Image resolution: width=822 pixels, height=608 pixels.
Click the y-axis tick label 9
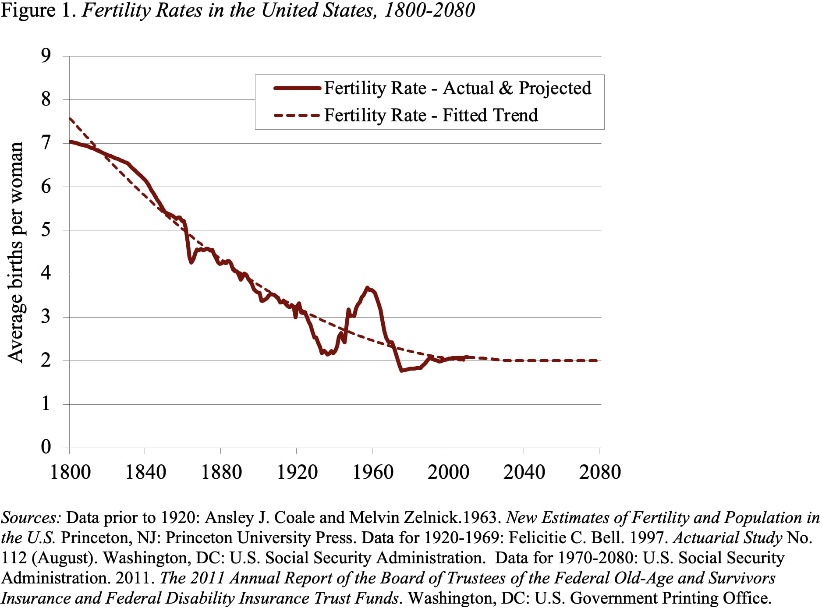pyautogui.click(x=46, y=56)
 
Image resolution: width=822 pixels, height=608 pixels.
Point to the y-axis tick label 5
pyautogui.click(x=46, y=230)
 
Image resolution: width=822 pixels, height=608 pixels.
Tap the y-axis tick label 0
pyautogui.click(x=46, y=447)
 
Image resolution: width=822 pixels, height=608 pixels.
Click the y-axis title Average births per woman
pyautogui.click(x=16, y=252)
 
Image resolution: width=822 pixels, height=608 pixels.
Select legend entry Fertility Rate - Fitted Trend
pyautogui.click(x=431, y=116)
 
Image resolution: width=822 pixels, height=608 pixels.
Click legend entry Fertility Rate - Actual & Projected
pyautogui.click(x=457, y=88)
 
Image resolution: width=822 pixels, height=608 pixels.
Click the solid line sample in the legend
pyautogui.click(x=297, y=88)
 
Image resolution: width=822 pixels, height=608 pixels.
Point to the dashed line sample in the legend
pyautogui.click(x=297, y=116)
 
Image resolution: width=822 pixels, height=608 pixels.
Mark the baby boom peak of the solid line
pyautogui.click(x=368, y=288)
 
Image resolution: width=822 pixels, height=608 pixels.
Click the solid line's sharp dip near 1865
pyautogui.click(x=191, y=262)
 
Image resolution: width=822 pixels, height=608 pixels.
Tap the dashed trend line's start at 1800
pyautogui.click(x=70, y=118)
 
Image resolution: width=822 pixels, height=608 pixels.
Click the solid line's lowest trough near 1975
pyautogui.click(x=401, y=371)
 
